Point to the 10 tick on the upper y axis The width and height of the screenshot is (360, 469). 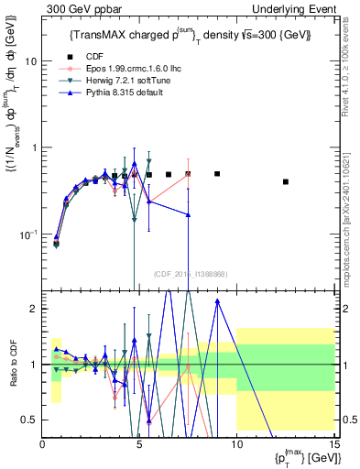tap(32, 60)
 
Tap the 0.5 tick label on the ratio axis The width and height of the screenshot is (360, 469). tap(29, 420)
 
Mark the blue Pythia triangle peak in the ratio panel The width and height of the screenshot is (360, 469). tap(217, 300)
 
